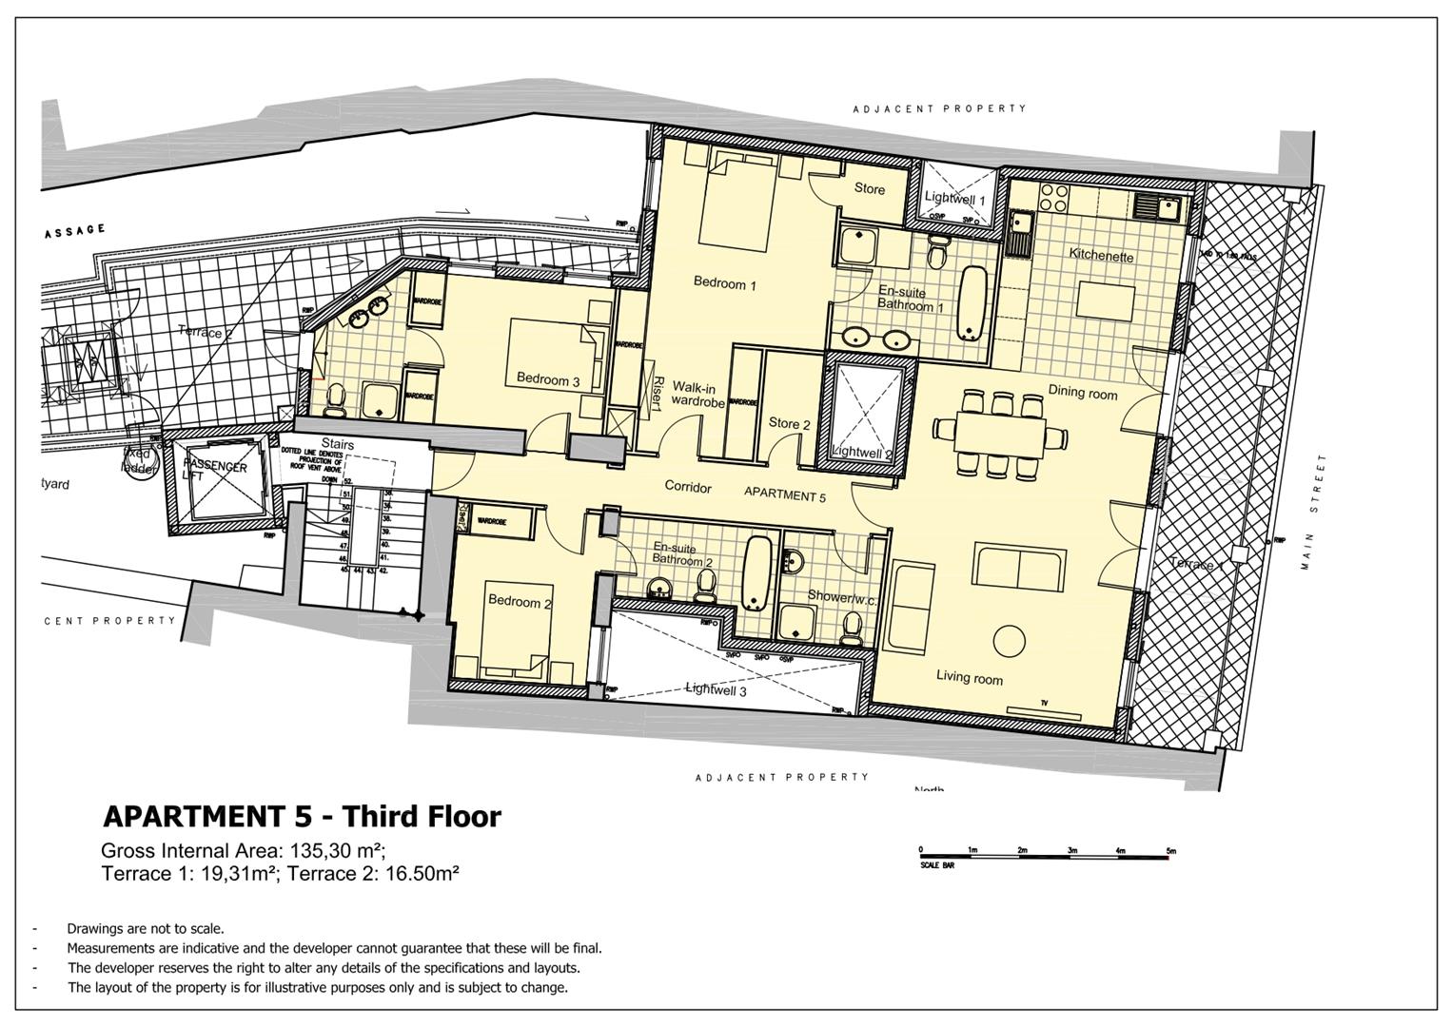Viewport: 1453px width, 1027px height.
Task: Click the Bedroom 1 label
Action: pyautogui.click(x=724, y=282)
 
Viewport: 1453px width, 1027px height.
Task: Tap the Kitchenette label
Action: pyautogui.click(x=1101, y=255)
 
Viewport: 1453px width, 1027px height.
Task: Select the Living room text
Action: pyautogui.click(x=969, y=677)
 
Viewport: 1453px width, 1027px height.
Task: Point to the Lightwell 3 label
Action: pyautogui.click(x=716, y=690)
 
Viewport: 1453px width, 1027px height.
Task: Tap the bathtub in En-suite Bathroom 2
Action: pyautogui.click(x=758, y=572)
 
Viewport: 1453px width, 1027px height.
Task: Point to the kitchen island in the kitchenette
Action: pyautogui.click(x=1106, y=301)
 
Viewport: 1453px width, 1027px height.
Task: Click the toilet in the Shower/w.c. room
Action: pyautogui.click(x=852, y=627)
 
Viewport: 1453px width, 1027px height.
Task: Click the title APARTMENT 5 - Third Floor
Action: pyautogui.click(x=301, y=816)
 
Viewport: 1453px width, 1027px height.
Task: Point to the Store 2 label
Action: pyautogui.click(x=789, y=423)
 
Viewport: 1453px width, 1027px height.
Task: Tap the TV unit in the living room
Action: pyautogui.click(x=1044, y=709)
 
